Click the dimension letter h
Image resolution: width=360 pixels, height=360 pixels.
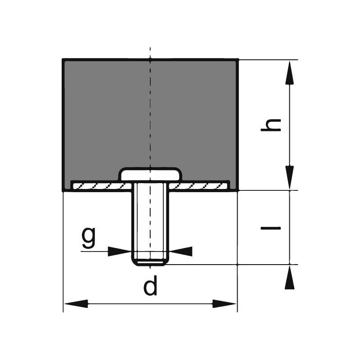[x=271, y=125]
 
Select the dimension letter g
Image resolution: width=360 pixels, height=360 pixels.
[x=89, y=237]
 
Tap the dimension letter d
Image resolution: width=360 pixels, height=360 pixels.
[x=150, y=287]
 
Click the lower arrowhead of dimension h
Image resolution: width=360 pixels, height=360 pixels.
[x=289, y=177]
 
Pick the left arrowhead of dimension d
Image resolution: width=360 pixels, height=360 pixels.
[x=76, y=304]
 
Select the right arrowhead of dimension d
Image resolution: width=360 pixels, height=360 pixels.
[x=224, y=304]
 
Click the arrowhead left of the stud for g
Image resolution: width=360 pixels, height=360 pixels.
[x=119, y=251]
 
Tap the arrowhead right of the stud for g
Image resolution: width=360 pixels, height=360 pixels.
[x=181, y=251]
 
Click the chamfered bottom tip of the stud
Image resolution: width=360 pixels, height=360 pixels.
[x=150, y=261]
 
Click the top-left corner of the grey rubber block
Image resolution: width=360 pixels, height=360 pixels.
[x=63, y=60]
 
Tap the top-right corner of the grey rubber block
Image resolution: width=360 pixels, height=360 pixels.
[x=237, y=60]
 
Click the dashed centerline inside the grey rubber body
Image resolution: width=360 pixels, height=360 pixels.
[x=150, y=112]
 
